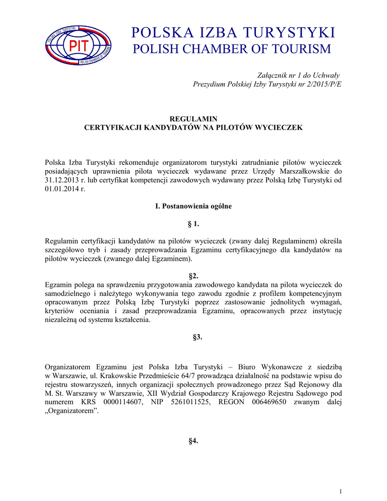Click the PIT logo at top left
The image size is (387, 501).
[78, 45]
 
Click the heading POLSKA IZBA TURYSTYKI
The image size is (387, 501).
[233, 33]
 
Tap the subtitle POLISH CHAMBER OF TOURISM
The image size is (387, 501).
[232, 49]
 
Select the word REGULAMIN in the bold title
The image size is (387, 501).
[193, 119]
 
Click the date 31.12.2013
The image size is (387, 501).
[61, 181]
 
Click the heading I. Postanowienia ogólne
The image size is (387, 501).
[193, 206]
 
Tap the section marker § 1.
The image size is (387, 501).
[193, 224]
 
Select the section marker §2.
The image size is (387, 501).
[193, 276]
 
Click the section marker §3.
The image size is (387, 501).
[193, 338]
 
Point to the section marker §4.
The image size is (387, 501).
[193, 441]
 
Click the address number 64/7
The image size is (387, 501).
[172, 376]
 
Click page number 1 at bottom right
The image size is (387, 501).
[340, 491]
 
